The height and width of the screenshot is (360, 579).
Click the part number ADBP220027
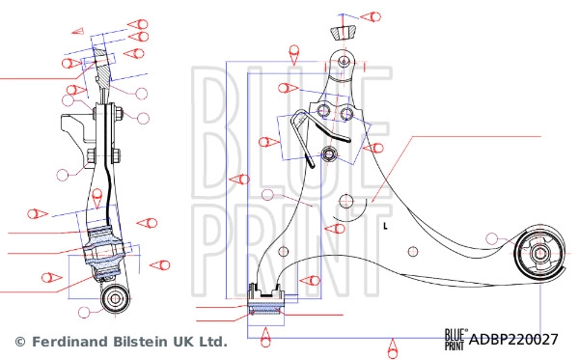click(x=513, y=340)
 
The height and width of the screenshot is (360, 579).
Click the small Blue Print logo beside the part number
click(x=455, y=339)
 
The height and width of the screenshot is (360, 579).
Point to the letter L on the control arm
click(x=384, y=227)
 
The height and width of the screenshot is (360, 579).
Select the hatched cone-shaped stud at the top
click(x=343, y=32)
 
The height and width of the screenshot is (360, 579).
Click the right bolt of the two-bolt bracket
click(x=348, y=115)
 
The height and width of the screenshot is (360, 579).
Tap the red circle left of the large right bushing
click(x=494, y=237)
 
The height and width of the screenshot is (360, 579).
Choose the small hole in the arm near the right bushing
click(x=415, y=254)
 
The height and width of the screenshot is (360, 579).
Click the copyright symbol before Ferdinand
click(x=18, y=342)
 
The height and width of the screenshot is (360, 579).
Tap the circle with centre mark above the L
click(x=347, y=201)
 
